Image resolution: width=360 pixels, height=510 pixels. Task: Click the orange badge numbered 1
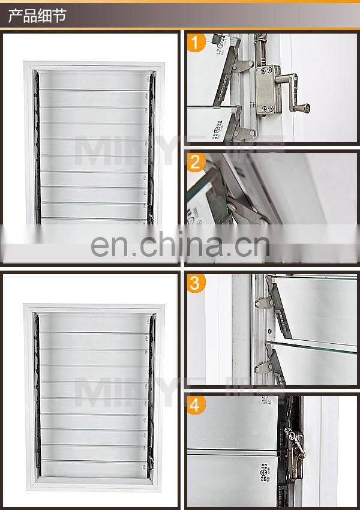(x=196, y=43)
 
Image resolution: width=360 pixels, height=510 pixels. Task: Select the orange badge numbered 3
(x=196, y=283)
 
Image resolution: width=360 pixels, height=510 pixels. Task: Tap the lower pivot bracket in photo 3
(x=270, y=363)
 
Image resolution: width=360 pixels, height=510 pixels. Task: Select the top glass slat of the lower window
(x=93, y=322)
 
